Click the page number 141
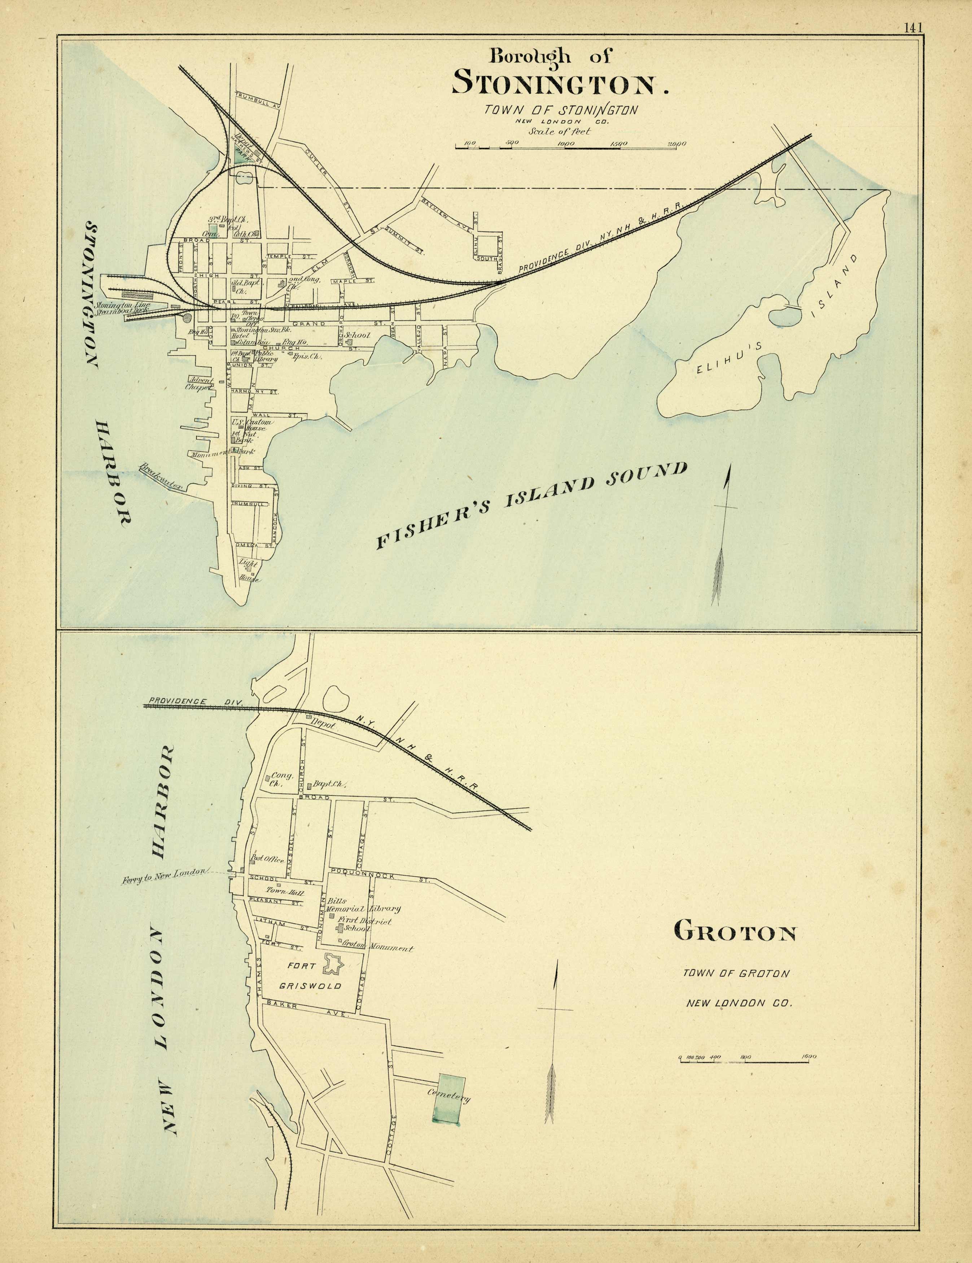pos(911,27)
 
